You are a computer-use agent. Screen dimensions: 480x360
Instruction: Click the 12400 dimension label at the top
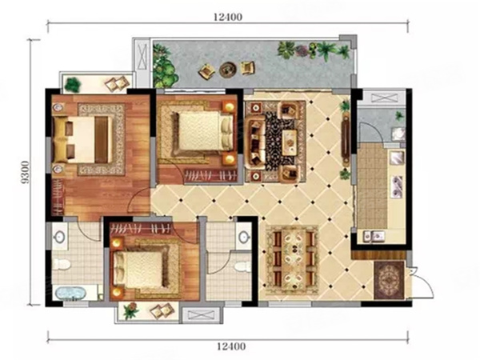point(228,17)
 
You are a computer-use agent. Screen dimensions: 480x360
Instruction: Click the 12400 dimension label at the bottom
point(231,346)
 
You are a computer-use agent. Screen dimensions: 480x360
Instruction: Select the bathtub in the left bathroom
point(70,294)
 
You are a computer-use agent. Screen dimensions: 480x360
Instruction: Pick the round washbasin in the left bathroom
point(58,236)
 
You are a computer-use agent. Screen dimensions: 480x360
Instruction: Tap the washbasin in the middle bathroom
point(244,237)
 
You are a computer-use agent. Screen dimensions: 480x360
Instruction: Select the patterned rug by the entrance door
point(389,280)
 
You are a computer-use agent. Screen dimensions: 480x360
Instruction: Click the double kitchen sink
point(374,236)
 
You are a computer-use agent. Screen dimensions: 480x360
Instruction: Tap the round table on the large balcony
point(228,70)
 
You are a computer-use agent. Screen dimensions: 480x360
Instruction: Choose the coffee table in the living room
point(290,142)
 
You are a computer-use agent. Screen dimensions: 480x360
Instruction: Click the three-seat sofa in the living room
point(257,142)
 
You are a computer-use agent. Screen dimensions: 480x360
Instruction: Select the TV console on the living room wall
point(346,139)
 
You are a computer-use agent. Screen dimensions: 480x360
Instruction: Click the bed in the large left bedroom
point(82,139)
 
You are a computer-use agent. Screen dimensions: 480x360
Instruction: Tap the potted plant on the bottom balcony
point(131,310)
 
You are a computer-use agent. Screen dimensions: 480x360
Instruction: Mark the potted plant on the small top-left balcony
point(73,84)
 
